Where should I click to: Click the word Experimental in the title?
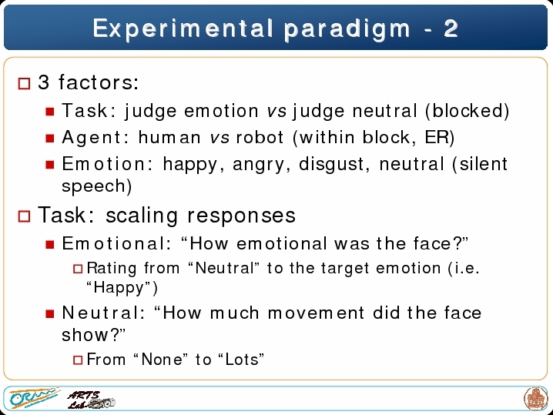pos(183,29)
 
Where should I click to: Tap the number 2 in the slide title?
pos(451,28)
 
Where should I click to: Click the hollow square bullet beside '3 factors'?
pos(24,84)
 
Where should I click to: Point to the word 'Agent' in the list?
pos(91,137)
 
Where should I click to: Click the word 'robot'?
pos(260,137)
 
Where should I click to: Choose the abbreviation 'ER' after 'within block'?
pos(437,137)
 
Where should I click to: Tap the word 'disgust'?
pos(332,165)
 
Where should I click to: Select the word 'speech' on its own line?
pos(93,186)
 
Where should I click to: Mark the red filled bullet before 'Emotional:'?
pos(50,244)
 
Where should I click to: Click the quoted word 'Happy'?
pos(119,288)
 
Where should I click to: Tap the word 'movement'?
pos(316,313)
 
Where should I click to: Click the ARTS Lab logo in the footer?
pos(91,400)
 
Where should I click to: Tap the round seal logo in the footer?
pos(535,398)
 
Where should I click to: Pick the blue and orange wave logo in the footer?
pos(34,398)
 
